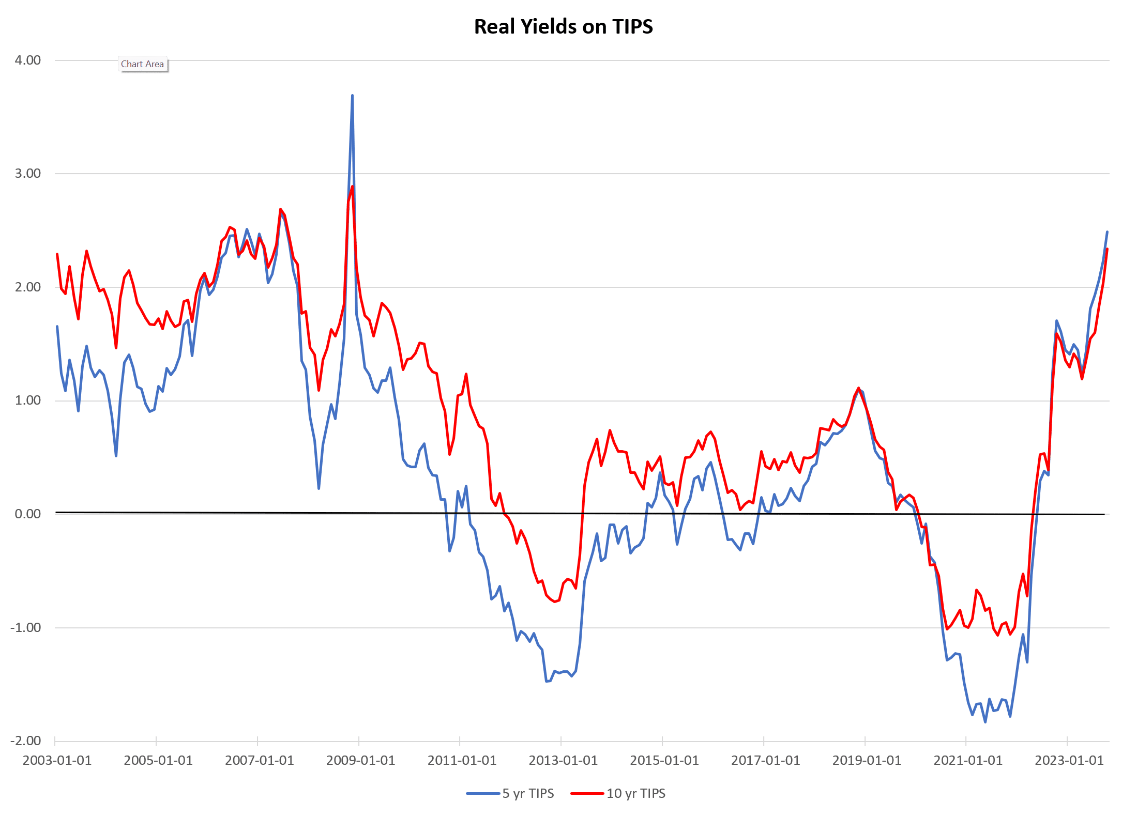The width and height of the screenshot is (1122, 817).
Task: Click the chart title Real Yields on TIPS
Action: pyautogui.click(x=563, y=27)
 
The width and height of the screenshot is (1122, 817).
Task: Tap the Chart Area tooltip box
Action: pyautogui.click(x=143, y=64)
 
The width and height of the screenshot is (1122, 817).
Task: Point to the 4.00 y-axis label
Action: pyautogui.click(x=28, y=60)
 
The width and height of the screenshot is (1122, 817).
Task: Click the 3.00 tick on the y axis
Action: pyautogui.click(x=28, y=173)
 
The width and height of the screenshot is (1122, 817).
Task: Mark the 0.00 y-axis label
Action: pyautogui.click(x=28, y=514)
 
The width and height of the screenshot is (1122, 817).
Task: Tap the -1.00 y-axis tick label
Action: pyautogui.click(x=26, y=627)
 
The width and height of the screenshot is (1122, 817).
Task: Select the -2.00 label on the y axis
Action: pyautogui.click(x=26, y=741)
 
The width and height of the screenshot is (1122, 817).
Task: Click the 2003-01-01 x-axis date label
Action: pyautogui.click(x=57, y=761)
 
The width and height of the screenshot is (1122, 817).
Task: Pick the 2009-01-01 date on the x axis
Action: pyautogui.click(x=360, y=761)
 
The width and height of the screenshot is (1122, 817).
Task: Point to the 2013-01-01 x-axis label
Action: pyautogui.click(x=563, y=761)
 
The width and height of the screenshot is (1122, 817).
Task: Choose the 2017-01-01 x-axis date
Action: pyautogui.click(x=765, y=761)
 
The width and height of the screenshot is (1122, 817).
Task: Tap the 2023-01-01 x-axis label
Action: pyautogui.click(x=1069, y=761)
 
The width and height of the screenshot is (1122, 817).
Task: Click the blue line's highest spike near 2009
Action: pyautogui.click(x=352, y=96)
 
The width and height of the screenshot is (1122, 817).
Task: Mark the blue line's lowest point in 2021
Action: pyautogui.click(x=985, y=722)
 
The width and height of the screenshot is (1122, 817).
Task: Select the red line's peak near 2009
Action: pyautogui.click(x=352, y=187)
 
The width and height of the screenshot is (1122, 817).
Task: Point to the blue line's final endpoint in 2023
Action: pyautogui.click(x=1107, y=232)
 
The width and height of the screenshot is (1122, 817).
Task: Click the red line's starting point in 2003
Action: pyautogui.click(x=57, y=254)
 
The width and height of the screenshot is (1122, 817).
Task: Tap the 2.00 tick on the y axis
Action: pyautogui.click(x=28, y=287)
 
